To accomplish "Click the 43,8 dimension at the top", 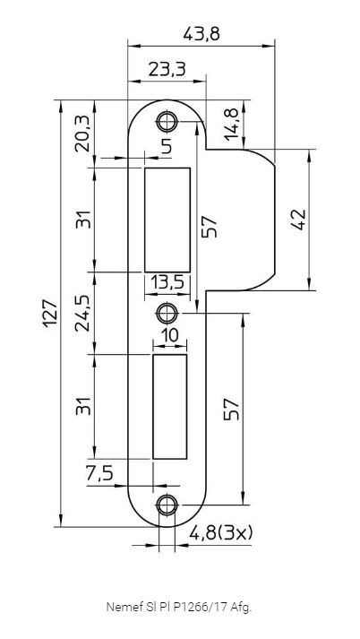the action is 201,34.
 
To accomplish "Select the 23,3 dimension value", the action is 167,69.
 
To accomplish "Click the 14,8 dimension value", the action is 232,125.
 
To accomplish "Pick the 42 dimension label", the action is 299,220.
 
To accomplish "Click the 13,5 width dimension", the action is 167,281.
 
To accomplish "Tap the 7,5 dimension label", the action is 99,473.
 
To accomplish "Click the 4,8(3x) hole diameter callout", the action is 220,532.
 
